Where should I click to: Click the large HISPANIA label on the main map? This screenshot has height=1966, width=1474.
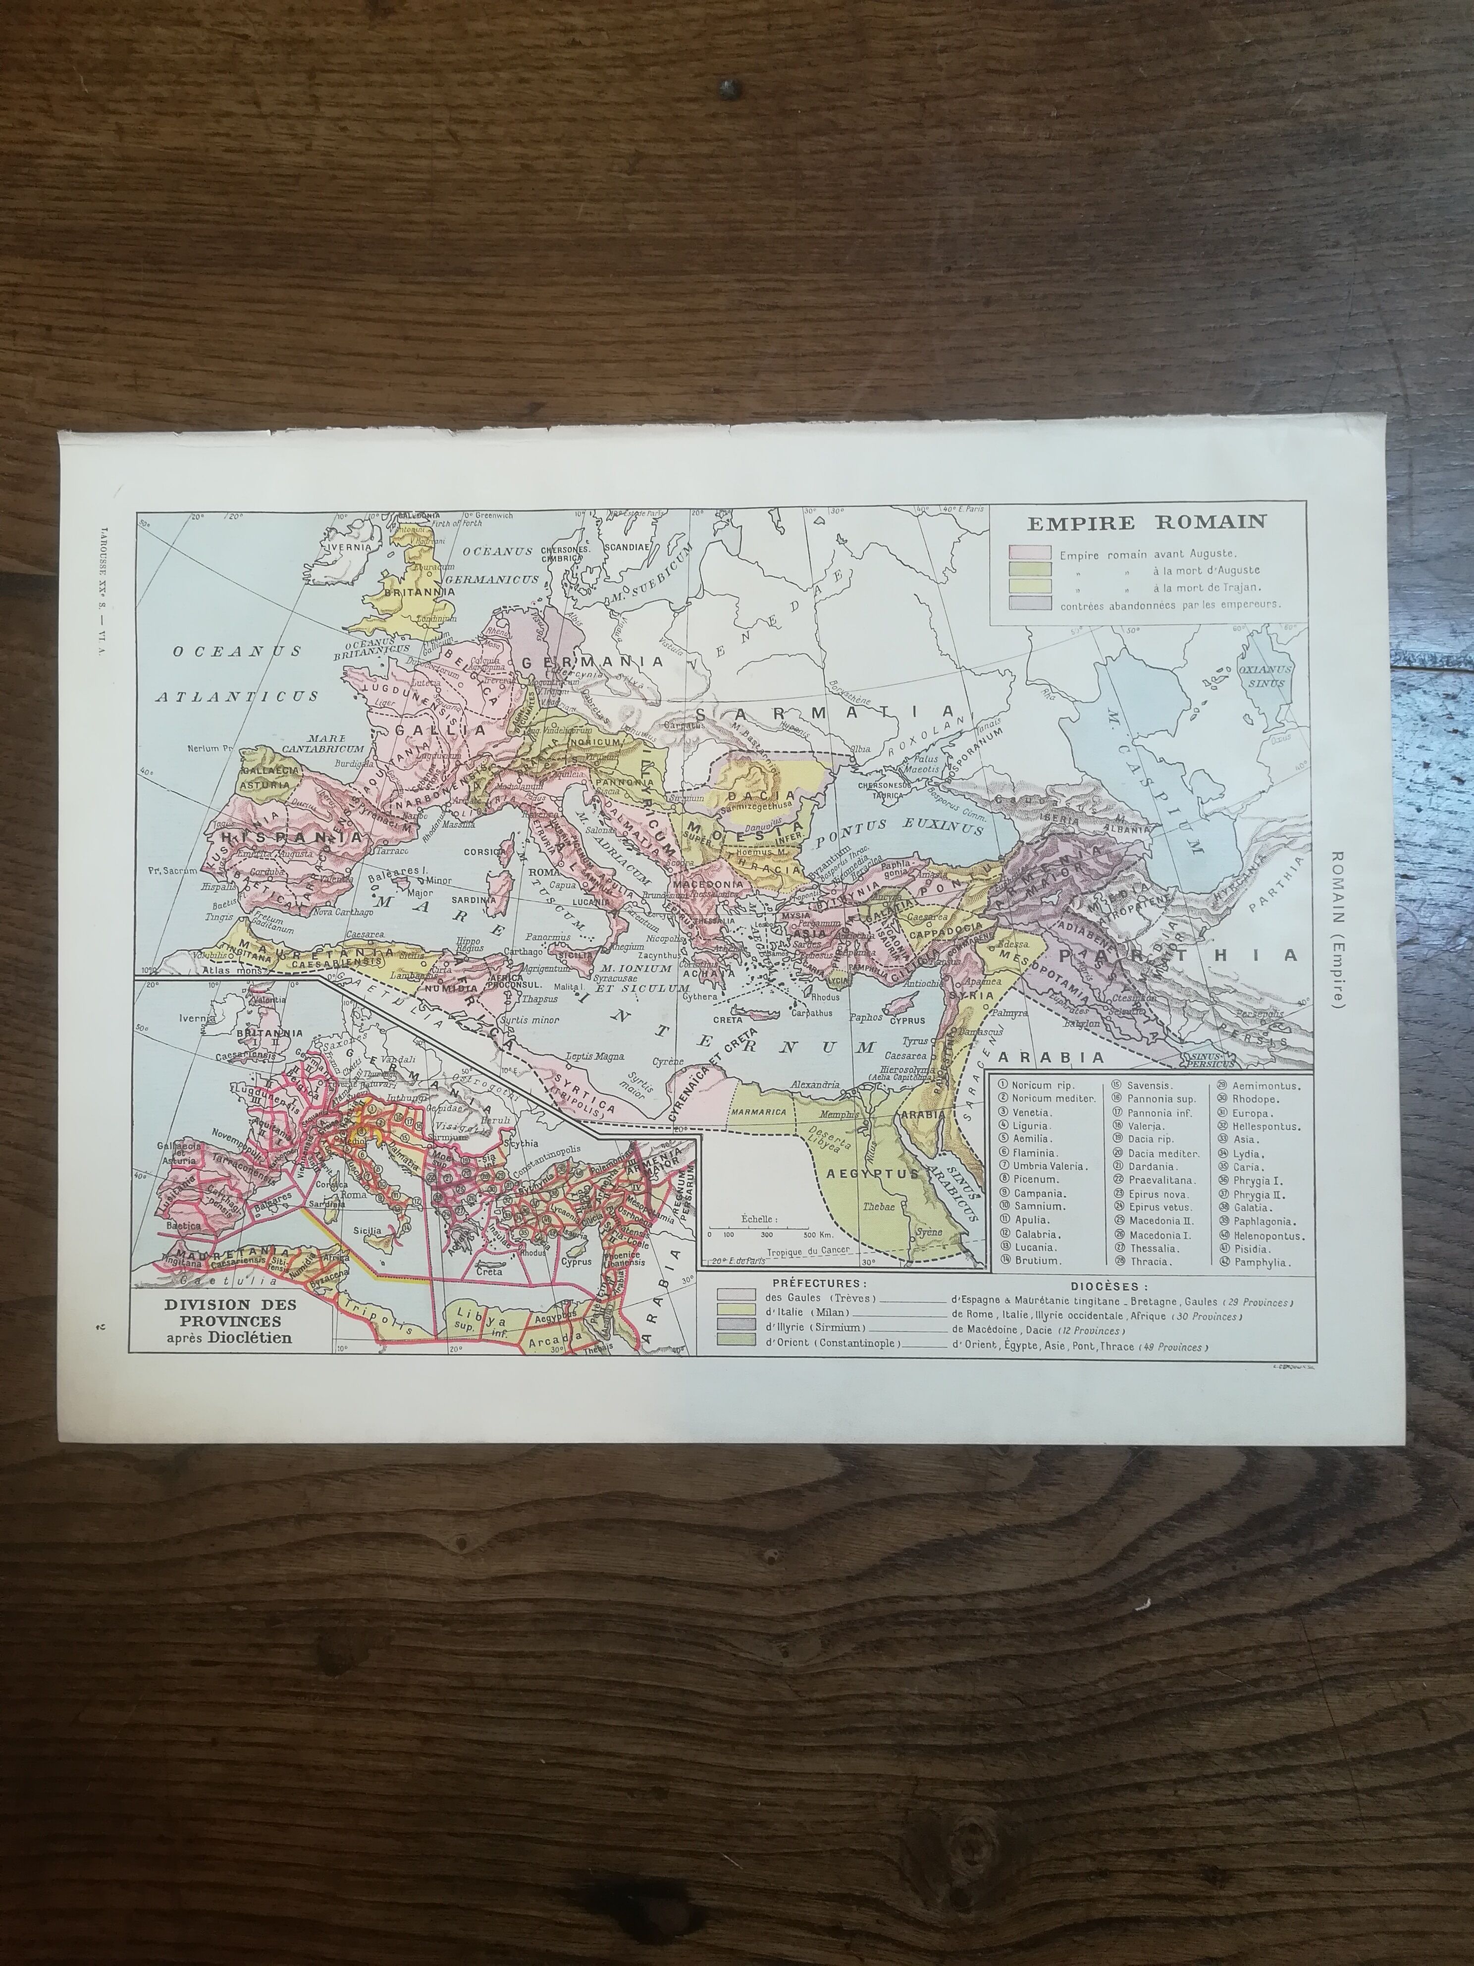point(291,836)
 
